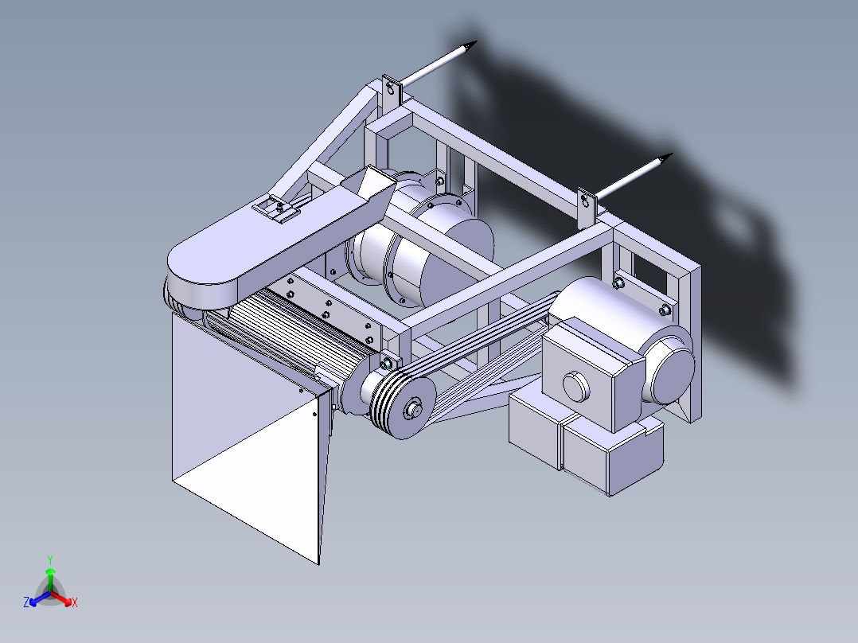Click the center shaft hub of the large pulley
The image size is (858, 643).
[414, 411]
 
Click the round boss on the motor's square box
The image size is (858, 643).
[575, 386]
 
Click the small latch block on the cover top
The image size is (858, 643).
[276, 210]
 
